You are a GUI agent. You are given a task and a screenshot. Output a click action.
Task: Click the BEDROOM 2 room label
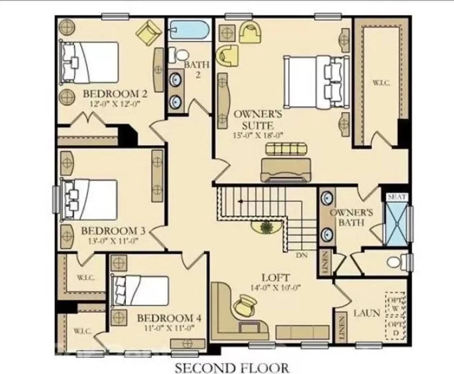115,94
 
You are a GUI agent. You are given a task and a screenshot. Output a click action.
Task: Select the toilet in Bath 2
179,55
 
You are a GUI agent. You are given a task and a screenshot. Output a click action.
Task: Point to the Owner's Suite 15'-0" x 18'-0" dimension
258,135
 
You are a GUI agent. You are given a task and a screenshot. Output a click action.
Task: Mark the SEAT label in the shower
397,197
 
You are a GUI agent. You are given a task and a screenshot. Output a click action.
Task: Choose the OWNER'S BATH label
351,217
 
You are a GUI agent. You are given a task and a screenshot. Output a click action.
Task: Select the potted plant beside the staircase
266,228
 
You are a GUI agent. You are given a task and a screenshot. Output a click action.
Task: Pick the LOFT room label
275,277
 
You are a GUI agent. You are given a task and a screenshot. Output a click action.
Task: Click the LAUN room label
366,313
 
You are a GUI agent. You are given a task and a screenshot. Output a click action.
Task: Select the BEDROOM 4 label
169,318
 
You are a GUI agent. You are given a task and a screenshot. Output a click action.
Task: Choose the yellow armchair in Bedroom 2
148,32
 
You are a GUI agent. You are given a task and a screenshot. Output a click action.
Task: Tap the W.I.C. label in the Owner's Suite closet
382,83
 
